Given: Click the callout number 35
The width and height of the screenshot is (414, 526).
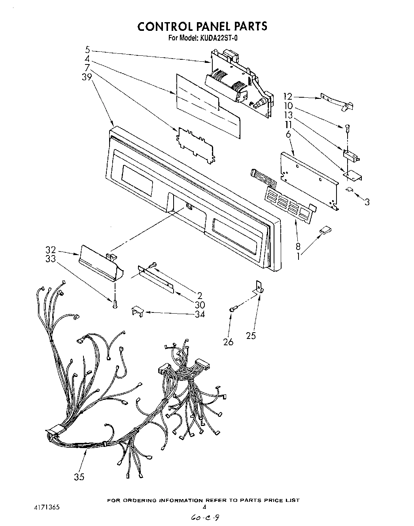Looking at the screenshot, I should click(79, 477).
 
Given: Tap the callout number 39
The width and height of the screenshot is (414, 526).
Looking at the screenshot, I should click(87, 77).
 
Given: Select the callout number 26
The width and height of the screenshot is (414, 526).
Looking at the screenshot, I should click(228, 342).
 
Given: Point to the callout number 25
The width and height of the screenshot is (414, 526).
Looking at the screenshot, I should click(251, 335).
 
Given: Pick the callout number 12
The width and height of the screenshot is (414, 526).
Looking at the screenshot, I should click(287, 96).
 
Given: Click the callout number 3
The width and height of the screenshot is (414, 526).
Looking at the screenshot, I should click(367, 202).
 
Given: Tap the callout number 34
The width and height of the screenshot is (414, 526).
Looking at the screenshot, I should click(200, 314).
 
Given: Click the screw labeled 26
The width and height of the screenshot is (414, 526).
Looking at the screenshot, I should click(233, 310).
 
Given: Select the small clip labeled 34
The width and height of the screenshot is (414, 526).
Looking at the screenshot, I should click(137, 312).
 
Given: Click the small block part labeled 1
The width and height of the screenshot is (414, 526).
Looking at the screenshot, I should click(326, 229).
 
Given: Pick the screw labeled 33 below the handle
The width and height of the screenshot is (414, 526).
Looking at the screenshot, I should click(115, 304).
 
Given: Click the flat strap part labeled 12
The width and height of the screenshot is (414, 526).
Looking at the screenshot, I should click(336, 101).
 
